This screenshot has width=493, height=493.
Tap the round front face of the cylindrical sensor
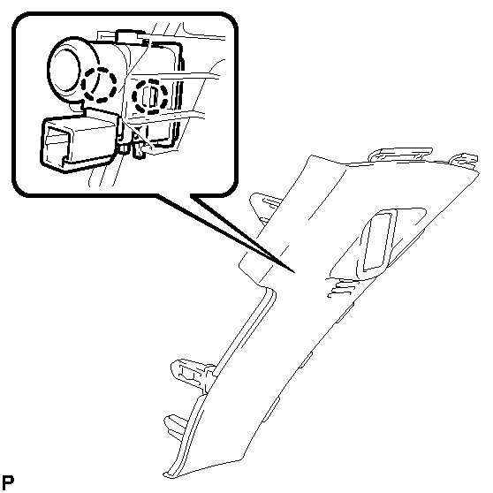coord(66,70)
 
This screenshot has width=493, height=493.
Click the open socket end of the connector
coord(56,146)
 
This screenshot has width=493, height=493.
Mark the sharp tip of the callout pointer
coord(294,271)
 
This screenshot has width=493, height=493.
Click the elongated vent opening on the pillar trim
coord(377,241)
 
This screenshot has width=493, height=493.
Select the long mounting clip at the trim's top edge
coord(401,154)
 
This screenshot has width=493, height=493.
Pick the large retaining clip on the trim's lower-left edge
coord(193,374)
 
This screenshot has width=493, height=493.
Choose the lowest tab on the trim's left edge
coord(176,425)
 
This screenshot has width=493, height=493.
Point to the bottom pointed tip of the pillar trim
coord(166,475)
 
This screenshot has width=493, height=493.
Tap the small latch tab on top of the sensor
coord(129,35)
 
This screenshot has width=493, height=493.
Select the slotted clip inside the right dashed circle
coord(151,96)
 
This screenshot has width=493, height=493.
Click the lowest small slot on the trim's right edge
coord(270,410)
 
